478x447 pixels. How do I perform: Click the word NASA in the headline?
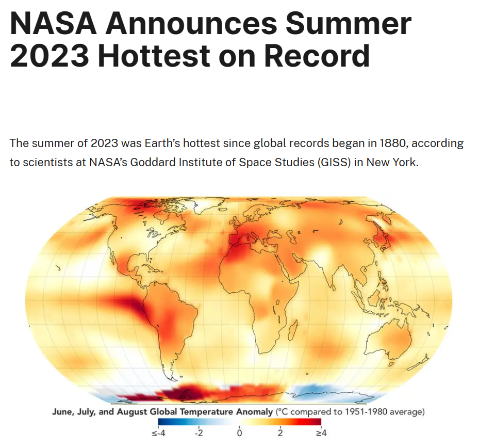click(x=53, y=24)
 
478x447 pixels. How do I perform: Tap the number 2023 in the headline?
click(x=50, y=56)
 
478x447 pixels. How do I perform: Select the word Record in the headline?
click(x=317, y=56)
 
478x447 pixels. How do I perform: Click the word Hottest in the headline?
click(x=154, y=56)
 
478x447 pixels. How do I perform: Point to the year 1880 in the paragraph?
click(x=394, y=143)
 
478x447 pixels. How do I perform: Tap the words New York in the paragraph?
click(x=391, y=162)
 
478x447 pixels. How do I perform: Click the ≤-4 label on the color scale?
click(x=158, y=433)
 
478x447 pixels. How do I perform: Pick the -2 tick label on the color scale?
click(x=199, y=433)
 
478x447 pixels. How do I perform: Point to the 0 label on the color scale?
click(x=240, y=433)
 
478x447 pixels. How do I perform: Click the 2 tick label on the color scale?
click(x=280, y=433)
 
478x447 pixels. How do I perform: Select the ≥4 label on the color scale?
click(x=321, y=433)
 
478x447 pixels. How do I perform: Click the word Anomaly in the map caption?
click(x=255, y=412)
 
